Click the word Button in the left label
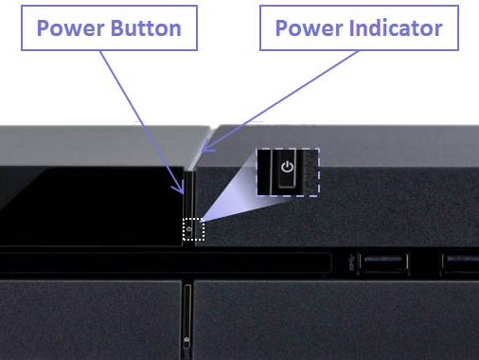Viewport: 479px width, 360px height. point(146,28)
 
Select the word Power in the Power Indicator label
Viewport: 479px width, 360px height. point(310,28)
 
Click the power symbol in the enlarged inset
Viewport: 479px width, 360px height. point(287,167)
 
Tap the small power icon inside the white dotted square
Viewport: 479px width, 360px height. point(189,229)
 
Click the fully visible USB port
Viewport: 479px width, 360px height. point(382,262)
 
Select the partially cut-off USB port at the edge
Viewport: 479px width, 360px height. point(461,262)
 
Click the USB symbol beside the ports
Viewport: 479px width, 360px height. point(352,262)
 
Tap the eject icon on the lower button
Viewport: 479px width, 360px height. point(186,340)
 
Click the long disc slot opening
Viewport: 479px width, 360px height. point(164,262)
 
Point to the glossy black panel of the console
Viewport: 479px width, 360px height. point(92,206)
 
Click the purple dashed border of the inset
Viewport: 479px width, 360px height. point(319,172)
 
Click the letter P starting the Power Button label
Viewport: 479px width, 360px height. point(44,28)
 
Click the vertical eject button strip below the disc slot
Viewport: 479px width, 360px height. point(187,319)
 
